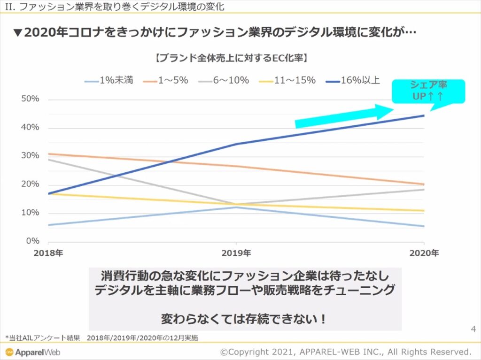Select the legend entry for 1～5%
(167, 80)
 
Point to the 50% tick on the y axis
(31, 100)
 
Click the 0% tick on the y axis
(32, 241)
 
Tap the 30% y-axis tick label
(31, 156)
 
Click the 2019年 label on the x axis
(236, 253)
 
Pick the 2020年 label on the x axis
(424, 253)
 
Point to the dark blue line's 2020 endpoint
(424, 115)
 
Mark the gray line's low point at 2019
(236, 204)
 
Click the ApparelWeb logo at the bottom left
(33, 352)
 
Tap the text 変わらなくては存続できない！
(244, 319)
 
